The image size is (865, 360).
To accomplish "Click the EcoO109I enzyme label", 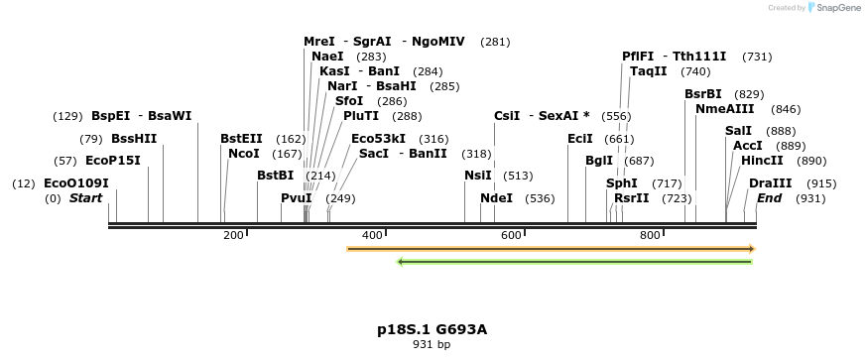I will tap(76, 183).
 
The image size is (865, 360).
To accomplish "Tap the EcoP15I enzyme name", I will tap(113, 161).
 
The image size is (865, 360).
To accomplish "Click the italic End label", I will tap(769, 198).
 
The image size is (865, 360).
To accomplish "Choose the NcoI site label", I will tap(243, 154).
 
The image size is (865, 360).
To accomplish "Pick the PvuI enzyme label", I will tap(297, 198).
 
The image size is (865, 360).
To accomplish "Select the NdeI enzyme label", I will tap(496, 198).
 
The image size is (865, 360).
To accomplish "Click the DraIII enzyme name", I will tap(771, 183).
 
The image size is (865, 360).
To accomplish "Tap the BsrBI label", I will tap(703, 94).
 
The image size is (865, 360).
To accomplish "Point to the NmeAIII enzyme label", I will tap(719, 109).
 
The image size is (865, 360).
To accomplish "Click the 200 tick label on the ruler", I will tap(233, 235).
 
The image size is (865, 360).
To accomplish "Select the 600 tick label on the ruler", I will tap(511, 235).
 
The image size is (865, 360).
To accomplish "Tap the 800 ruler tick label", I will tap(650, 235).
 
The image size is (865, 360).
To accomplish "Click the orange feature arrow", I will tap(551, 248).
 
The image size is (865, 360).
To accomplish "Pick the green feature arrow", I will tap(574, 262).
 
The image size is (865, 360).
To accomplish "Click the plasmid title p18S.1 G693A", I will tap(432, 329).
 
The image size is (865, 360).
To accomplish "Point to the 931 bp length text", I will tap(432, 345).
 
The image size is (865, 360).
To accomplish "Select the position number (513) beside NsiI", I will tap(518, 176).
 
